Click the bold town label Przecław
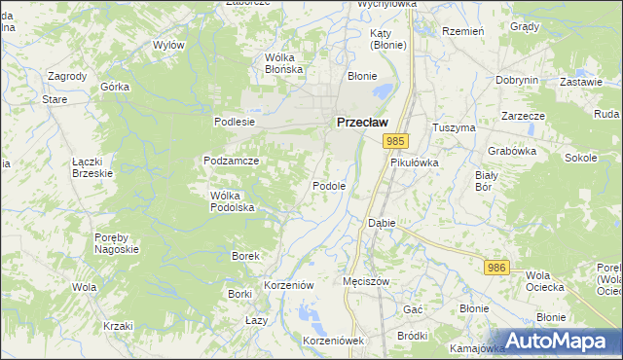coord(361,123)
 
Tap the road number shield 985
coord(394,142)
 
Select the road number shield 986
coord(497,267)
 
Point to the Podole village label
coord(329,186)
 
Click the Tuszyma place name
coord(454,127)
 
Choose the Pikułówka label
coord(415,162)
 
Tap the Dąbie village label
coord(382,223)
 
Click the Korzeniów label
coord(288,285)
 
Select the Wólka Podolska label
coord(233,201)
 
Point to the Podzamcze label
coord(231,161)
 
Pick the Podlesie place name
coord(234,122)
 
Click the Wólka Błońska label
coord(285,63)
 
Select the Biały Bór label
coord(486,181)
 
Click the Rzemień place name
coord(463,32)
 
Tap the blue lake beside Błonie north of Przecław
coord(381,92)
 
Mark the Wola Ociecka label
coord(544,281)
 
